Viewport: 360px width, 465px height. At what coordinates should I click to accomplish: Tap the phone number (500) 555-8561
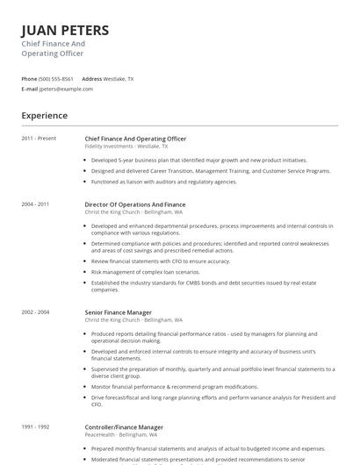56,79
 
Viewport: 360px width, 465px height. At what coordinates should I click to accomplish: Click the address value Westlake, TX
119,79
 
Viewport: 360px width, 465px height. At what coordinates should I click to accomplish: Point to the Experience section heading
45,115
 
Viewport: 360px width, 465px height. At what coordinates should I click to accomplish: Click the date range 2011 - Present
39,139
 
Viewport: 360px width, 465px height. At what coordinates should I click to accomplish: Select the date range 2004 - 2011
36,204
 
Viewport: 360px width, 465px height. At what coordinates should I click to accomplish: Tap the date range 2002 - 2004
36,312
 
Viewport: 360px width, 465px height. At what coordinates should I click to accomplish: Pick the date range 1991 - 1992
36,427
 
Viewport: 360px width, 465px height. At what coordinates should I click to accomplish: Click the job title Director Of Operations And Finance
134,204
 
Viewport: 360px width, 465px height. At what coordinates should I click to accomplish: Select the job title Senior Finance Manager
118,312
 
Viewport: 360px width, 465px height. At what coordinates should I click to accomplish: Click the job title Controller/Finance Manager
124,427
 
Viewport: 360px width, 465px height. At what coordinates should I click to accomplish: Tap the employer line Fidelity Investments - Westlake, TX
126,147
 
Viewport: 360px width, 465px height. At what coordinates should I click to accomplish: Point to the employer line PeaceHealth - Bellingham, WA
121,435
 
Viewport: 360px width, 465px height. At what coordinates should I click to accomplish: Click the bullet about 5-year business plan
198,161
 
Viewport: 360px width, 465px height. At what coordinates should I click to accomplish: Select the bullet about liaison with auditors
163,182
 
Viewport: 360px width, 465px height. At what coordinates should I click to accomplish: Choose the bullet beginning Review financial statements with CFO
160,261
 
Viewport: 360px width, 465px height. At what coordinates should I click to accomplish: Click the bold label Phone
29,79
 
